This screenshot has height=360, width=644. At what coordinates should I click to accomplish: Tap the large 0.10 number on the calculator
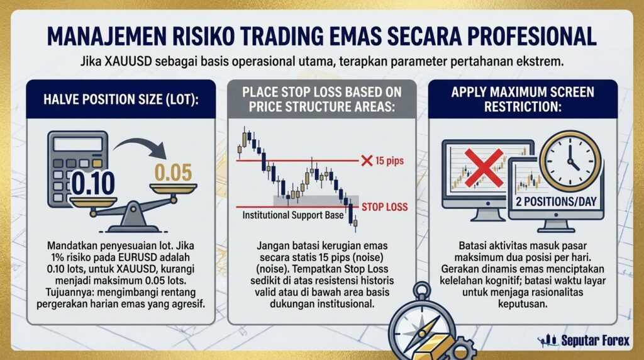pos(93,183)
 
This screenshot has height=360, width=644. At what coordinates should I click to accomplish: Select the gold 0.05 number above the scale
pos(173,172)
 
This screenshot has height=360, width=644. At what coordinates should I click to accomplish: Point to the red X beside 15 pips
pos(367,160)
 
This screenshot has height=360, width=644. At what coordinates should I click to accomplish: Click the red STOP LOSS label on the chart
pos(384,207)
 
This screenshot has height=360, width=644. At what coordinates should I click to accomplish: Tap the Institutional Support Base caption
pos(293,215)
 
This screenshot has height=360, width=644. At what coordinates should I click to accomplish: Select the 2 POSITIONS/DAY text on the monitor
pos(556,202)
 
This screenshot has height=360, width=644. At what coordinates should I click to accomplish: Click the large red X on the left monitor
pos(484,168)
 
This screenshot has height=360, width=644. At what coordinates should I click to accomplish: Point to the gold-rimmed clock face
pos(570,160)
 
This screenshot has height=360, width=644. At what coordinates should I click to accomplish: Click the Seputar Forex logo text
pos(595,340)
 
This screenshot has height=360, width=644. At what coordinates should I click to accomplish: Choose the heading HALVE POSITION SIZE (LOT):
pos(121,99)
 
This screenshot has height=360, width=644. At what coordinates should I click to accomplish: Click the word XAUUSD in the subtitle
pos(128,62)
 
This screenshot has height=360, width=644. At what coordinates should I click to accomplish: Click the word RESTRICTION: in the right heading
pos(523,107)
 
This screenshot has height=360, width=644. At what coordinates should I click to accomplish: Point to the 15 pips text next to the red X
pos(389,160)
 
